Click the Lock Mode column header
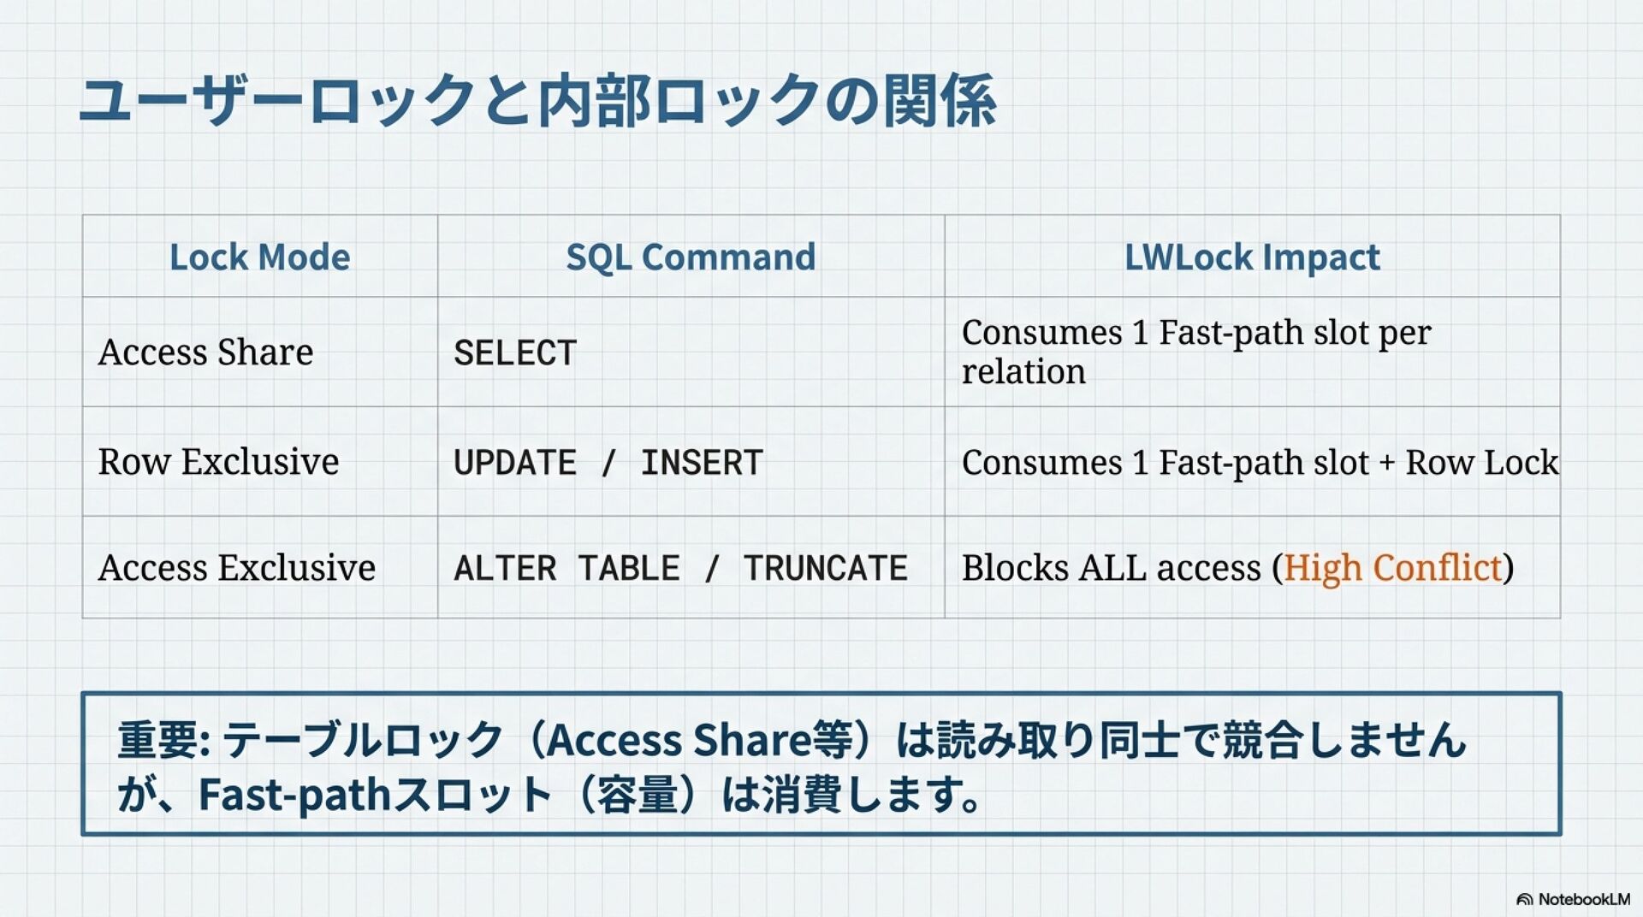[x=259, y=257]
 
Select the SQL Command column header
[x=691, y=257]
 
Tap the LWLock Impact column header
[x=1252, y=257]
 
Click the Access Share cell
[x=205, y=352]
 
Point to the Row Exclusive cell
[x=218, y=462]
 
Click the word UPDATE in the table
[x=515, y=463]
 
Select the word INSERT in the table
[x=702, y=463]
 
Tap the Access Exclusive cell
[x=236, y=568]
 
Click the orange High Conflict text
[x=1392, y=568]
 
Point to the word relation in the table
[x=1023, y=372]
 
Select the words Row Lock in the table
[x=1481, y=462]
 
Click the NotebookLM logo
[x=1573, y=899]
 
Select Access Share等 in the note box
[x=700, y=740]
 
